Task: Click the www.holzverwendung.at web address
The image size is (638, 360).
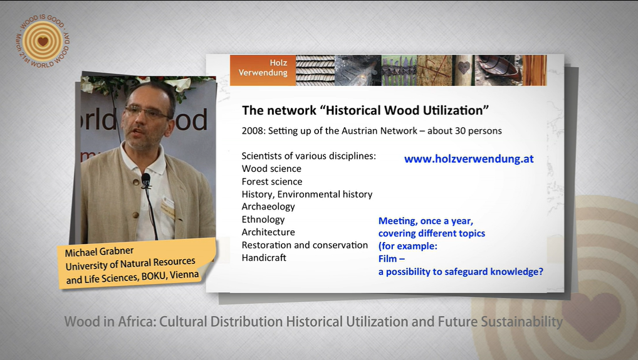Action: (469, 159)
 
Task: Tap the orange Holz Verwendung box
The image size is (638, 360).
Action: (263, 70)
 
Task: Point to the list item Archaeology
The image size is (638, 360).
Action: (268, 207)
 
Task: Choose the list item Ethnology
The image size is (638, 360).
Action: (263, 220)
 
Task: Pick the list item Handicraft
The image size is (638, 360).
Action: (264, 258)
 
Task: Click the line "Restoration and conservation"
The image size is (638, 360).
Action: (305, 245)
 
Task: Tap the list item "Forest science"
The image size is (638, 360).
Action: (272, 182)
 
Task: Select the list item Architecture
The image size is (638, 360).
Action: (268, 232)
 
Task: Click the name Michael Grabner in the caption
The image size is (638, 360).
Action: (99, 251)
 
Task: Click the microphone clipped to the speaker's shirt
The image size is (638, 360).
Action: (145, 180)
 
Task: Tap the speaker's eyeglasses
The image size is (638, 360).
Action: (147, 112)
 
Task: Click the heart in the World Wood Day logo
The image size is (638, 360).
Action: (43, 41)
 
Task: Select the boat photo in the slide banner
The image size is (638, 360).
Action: (499, 70)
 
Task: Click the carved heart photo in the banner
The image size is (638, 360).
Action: (463, 70)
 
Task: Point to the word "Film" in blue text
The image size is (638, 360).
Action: (388, 259)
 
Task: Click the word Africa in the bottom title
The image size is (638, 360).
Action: (137, 322)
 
